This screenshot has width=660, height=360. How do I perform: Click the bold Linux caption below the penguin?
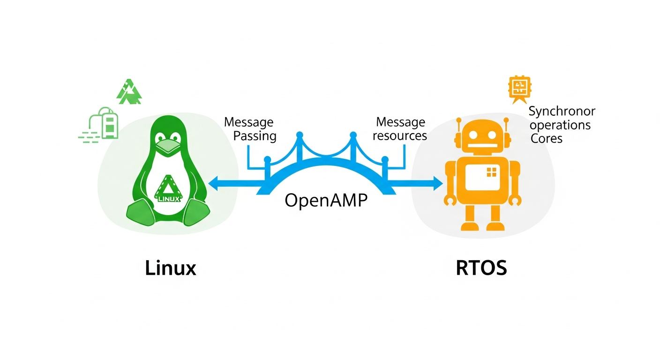pyautogui.click(x=170, y=269)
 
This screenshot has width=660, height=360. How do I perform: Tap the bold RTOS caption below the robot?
pyautogui.click(x=481, y=269)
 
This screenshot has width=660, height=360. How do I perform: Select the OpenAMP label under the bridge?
pyautogui.click(x=326, y=200)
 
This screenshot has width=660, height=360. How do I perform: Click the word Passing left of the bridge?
pyautogui.click(x=255, y=136)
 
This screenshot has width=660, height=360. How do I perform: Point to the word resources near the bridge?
pyautogui.click(x=401, y=136)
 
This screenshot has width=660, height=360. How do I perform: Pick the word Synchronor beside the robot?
pyautogui.click(x=562, y=112)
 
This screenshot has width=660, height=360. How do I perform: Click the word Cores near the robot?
pyautogui.click(x=546, y=139)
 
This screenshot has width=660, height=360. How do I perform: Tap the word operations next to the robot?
pyautogui.click(x=560, y=125)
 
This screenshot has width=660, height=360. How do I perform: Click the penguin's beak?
pyautogui.click(x=167, y=147)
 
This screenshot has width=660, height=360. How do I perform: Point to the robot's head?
pyautogui.click(x=483, y=136)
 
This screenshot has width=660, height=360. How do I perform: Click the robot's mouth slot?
pyautogui.click(x=482, y=145)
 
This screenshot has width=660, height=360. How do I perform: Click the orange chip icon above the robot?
pyautogui.click(x=518, y=88)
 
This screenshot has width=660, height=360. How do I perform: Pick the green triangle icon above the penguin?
pyautogui.click(x=128, y=91)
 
